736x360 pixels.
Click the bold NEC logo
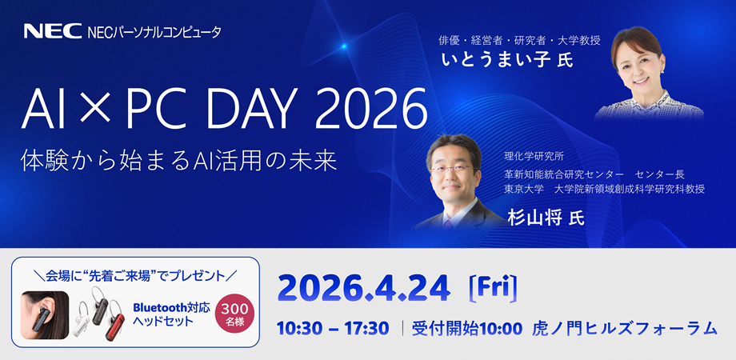tap(53, 31)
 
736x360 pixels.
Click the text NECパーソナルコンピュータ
tap(154, 32)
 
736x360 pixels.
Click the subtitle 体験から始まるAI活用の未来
tap(179, 161)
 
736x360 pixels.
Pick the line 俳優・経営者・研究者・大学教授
tap(520, 40)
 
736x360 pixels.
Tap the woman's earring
tap(662, 71)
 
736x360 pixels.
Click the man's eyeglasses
tap(454, 169)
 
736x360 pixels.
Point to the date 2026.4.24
tap(364, 290)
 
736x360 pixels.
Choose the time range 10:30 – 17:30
tap(333, 329)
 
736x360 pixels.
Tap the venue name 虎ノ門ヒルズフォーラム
tap(625, 329)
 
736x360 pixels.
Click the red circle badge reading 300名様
tap(234, 314)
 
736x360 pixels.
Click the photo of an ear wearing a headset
tap(45, 315)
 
